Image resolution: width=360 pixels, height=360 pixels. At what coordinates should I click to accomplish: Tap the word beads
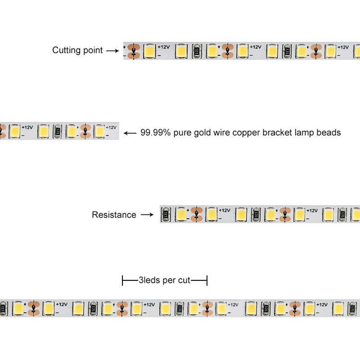point(329,132)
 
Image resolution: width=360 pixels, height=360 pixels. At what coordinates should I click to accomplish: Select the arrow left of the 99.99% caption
point(130,133)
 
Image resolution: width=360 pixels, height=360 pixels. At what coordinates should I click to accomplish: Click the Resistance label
point(114,215)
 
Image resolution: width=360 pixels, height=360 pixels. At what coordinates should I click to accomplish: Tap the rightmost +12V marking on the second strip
point(111,127)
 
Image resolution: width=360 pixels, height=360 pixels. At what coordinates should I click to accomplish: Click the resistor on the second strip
point(57,130)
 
